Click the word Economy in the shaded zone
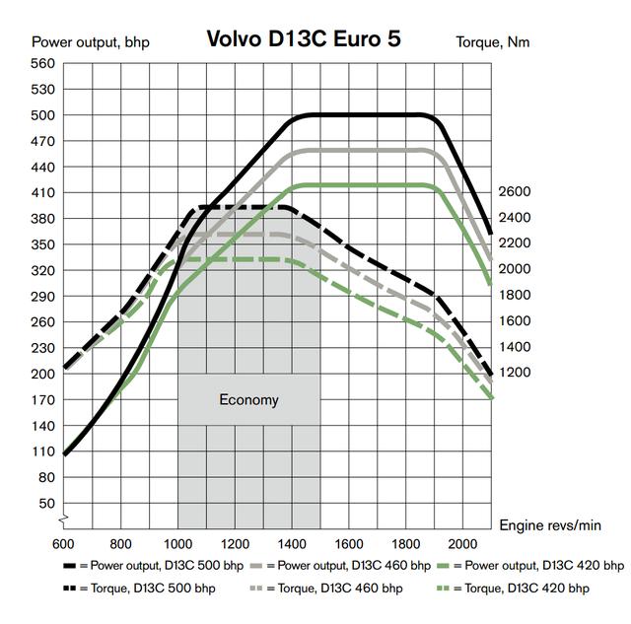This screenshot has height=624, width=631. (x=248, y=400)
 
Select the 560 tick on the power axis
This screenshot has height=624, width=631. (x=42, y=63)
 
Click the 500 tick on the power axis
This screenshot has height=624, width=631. (x=42, y=115)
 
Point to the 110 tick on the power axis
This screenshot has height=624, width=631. (x=42, y=451)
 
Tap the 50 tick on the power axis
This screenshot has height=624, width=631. (x=46, y=503)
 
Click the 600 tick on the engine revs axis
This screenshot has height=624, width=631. (x=64, y=543)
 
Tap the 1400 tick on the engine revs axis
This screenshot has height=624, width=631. (x=292, y=543)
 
